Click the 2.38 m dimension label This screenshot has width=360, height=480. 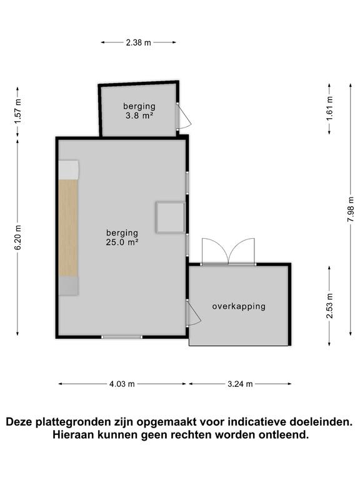[138, 42]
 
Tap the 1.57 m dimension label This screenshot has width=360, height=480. [18, 112]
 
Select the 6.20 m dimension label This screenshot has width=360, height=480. [18, 237]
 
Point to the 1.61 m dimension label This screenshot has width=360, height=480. [329, 109]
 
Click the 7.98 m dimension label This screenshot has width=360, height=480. [351, 209]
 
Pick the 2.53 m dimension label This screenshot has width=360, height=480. [329, 306]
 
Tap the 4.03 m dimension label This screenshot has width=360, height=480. [122, 384]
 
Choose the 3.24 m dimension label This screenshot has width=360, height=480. [240, 384]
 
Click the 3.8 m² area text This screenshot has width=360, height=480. [139, 116]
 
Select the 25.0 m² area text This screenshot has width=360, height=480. [122, 242]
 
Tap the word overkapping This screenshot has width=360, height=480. [239, 306]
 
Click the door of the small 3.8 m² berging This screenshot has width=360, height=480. [183, 116]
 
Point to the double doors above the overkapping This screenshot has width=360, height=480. [228, 251]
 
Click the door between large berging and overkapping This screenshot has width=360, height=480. [193, 314]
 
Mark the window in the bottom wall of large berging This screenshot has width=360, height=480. [122, 337]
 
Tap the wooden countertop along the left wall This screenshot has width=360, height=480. [68, 227]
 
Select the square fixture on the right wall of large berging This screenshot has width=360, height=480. [170, 217]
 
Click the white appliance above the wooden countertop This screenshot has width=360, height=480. [69, 169]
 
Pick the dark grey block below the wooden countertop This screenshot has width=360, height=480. [69, 286]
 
